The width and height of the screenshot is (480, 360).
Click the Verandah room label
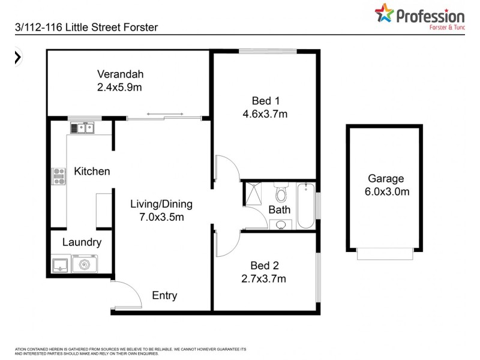coord(121,74)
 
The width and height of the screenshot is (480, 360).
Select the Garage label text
coord(386,178)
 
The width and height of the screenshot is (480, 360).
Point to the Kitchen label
coord(92,172)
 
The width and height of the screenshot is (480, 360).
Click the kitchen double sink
coord(82,127)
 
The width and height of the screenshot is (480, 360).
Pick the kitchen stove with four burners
coord(59,176)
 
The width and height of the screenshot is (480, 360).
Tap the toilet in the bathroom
coord(281,193)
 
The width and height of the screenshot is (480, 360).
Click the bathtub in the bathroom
coord(305,205)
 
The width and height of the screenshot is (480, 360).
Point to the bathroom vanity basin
coord(281,224)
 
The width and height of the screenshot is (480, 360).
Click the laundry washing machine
coord(84,263)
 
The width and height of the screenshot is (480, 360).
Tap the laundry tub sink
coord(60,264)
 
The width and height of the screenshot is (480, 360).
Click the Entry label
coord(164,295)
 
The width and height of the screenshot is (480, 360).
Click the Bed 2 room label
coord(265,265)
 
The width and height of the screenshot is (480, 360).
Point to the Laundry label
coord(82,243)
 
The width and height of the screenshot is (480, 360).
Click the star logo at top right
coord(385,14)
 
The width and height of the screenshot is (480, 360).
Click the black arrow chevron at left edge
coord(18,57)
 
